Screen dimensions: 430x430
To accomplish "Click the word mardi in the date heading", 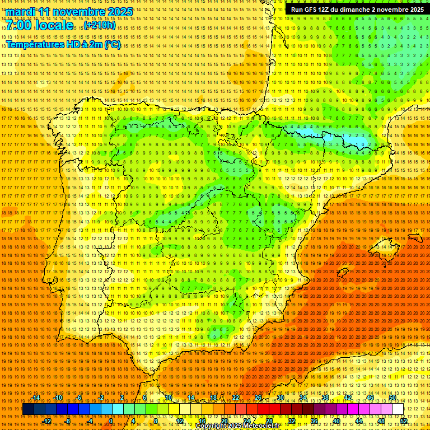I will (x=21, y=12).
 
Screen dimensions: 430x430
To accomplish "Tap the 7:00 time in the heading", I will (x=19, y=26).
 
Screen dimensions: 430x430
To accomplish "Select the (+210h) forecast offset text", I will (x=100, y=26).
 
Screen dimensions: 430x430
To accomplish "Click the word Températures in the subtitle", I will (x=34, y=45).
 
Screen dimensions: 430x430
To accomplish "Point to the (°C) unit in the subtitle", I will (x=112, y=45).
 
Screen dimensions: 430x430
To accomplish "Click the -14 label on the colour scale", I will (x=36, y=398).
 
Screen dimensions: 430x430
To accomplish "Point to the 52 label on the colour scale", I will (x=404, y=420).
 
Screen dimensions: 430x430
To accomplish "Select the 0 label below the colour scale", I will (x=111, y=420).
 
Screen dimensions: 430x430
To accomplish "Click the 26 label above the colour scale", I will (x=258, y=398).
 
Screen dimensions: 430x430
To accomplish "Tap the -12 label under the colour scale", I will (x=48, y=420).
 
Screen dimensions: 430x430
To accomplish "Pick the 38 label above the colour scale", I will (x=325, y=398).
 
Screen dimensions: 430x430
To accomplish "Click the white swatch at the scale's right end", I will (x=398, y=409).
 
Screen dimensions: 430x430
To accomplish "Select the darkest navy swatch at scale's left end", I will (x=28, y=409).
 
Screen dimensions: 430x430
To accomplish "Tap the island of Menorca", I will (x=415, y=238).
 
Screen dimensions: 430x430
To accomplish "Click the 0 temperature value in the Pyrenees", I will (x=363, y=144).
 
